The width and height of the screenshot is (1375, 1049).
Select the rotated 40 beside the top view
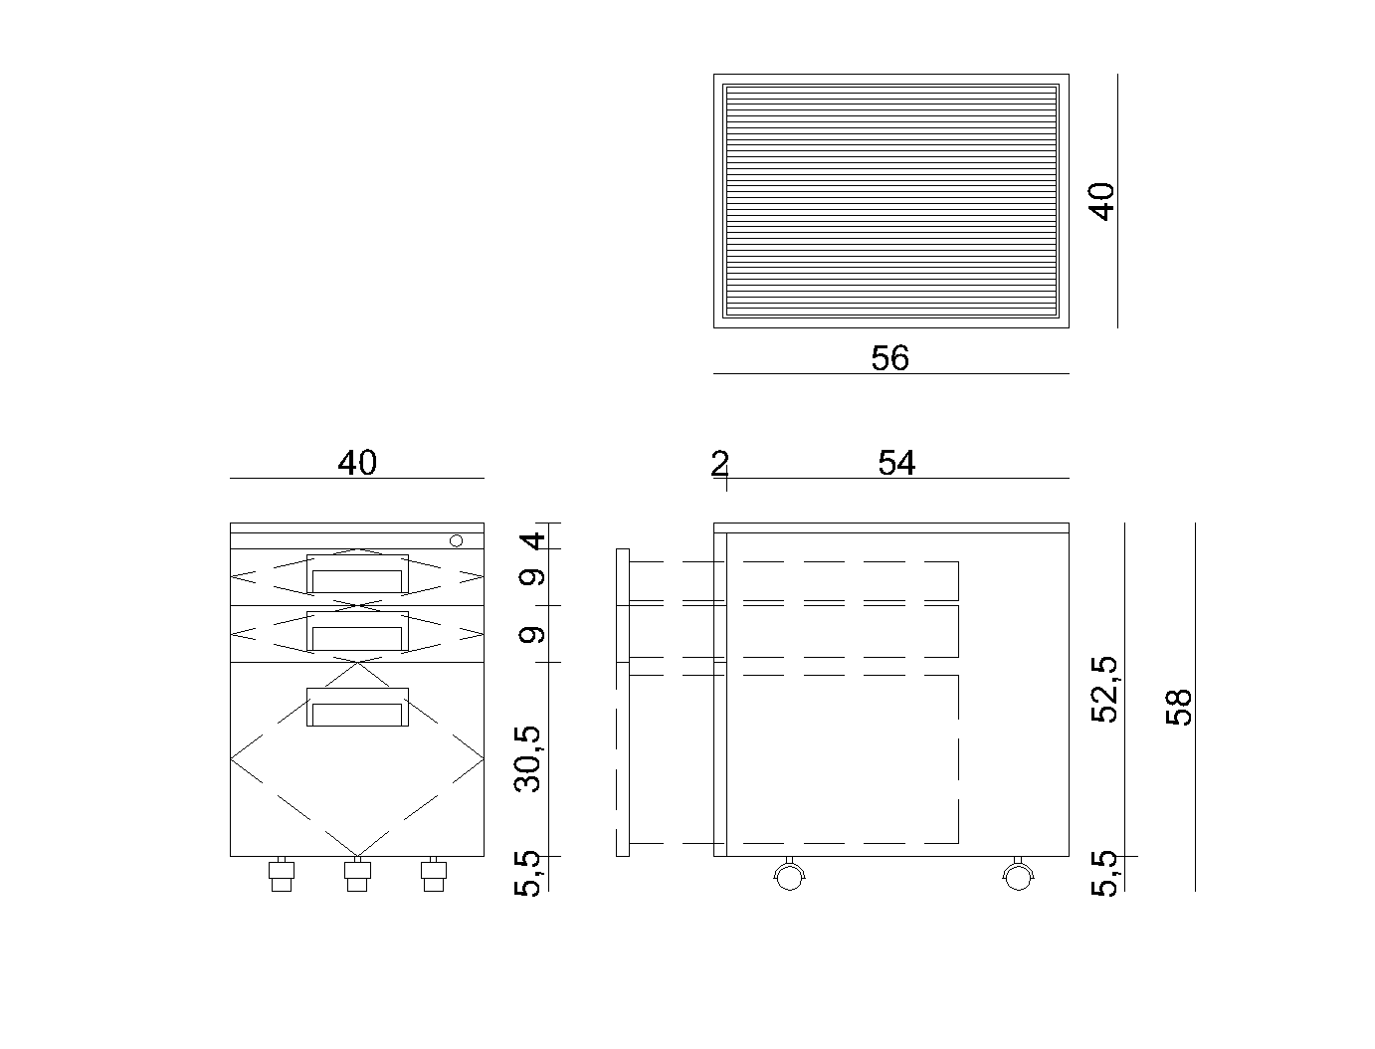point(1101,201)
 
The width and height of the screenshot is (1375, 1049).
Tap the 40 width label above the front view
point(357,463)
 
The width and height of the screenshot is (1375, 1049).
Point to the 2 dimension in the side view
point(719,464)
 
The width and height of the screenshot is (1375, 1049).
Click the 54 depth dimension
point(896,463)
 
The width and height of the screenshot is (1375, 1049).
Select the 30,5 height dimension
point(527,758)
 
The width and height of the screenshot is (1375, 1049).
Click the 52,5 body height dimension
point(1103,690)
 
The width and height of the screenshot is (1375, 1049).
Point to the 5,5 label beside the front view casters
point(527,874)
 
